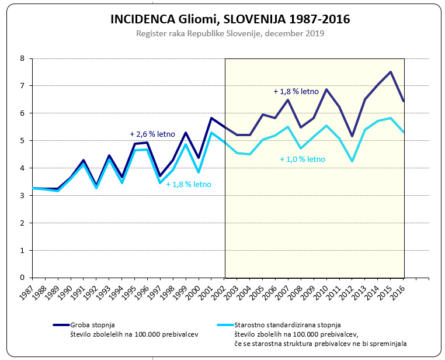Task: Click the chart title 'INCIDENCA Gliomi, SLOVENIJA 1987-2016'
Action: pos(230,19)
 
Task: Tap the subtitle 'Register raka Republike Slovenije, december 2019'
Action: pos(230,33)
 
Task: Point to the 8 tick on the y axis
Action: pos(22,58)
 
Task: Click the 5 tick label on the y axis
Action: pos(22,141)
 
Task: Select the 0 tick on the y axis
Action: pos(22,278)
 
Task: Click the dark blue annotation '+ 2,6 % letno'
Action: pos(152,134)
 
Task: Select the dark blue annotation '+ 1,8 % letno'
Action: pos(296,91)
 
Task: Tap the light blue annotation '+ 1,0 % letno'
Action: pos(302,158)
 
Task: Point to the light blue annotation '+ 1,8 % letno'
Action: pos(189,184)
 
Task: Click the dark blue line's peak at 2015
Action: pos(391,72)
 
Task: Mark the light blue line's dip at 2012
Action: pos(352,161)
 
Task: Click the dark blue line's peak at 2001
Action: pos(211,118)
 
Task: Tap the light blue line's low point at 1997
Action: pos(160,183)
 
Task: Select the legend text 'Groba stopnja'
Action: pos(93,324)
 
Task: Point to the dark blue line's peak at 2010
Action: pos(326,89)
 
